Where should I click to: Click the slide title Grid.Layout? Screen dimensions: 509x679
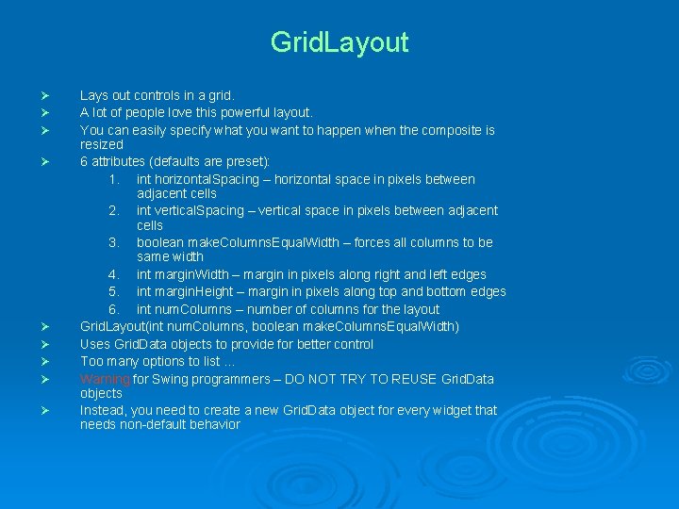pyautogui.click(x=339, y=42)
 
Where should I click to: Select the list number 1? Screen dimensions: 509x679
pyautogui.click(x=113, y=179)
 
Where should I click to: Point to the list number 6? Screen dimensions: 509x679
pyautogui.click(x=113, y=309)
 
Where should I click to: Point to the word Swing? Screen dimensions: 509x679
pyautogui.click(x=172, y=379)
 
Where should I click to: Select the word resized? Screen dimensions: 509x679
pyautogui.click(x=102, y=144)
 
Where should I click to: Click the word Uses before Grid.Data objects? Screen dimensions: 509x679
pyautogui.click(x=96, y=344)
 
